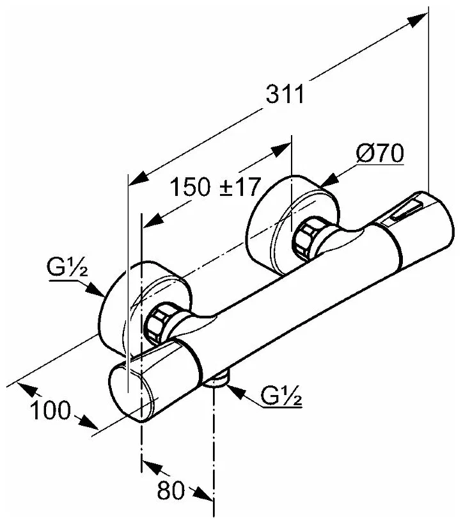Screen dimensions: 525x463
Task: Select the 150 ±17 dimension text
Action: point(215,188)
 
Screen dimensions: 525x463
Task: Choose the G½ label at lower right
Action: point(281,397)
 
